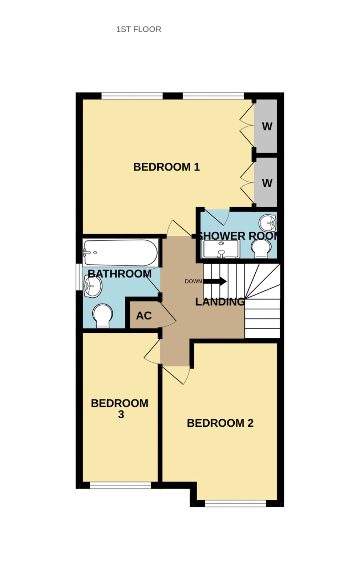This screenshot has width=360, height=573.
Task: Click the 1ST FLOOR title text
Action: click(x=138, y=29)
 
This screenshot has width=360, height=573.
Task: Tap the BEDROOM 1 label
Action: click(x=166, y=167)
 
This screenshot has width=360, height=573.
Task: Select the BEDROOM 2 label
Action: click(x=220, y=423)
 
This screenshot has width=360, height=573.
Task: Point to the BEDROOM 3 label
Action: click(x=120, y=408)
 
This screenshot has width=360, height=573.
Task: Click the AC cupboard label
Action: click(x=144, y=316)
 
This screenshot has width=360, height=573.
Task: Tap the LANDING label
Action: click(x=220, y=302)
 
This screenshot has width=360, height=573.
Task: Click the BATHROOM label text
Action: click(x=120, y=274)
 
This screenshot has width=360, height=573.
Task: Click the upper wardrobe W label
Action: click(x=267, y=126)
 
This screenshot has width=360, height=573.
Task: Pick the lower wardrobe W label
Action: click(x=267, y=183)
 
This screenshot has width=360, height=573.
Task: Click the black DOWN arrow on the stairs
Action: click(x=215, y=282)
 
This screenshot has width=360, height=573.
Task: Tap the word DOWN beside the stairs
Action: click(x=193, y=282)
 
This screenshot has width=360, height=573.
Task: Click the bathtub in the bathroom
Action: click(x=120, y=253)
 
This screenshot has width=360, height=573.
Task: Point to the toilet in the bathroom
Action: click(x=102, y=315)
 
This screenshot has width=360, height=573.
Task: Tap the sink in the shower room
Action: click(x=267, y=222)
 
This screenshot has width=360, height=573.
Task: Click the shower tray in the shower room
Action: click(x=221, y=249)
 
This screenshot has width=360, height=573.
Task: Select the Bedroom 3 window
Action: click(x=120, y=486)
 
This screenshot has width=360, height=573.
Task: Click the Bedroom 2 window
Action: click(x=235, y=504)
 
